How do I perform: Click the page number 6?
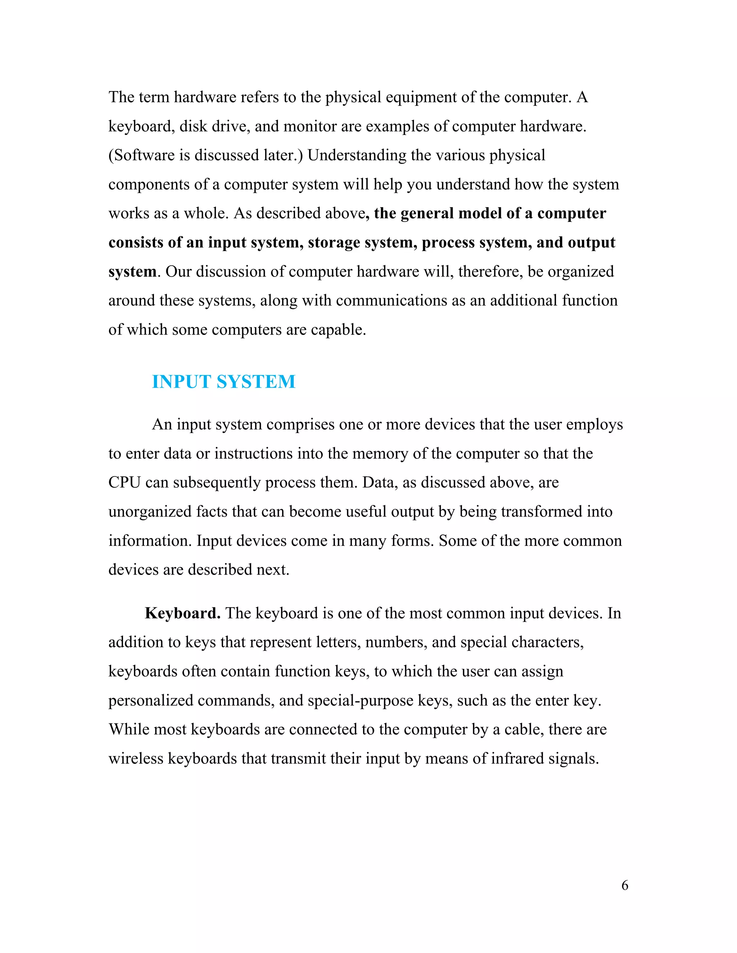(625, 885)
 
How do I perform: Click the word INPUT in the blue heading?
(182, 382)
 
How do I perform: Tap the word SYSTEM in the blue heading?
(256, 382)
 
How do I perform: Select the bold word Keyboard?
(182, 613)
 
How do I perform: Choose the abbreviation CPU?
(125, 483)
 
